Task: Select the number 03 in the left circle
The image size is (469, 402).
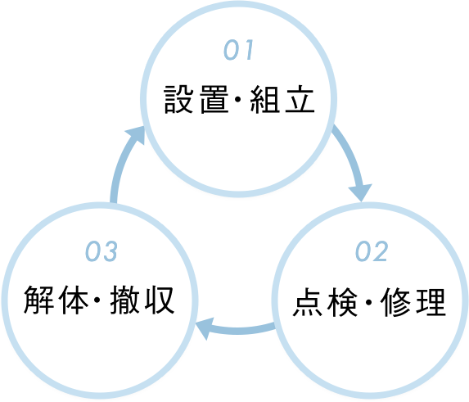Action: pyautogui.click(x=101, y=252)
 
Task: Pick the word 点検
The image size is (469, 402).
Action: pyautogui.click(x=322, y=303)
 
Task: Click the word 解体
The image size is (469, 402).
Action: pyautogui.click(x=52, y=301)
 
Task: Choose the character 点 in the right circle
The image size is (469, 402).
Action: pyautogui.click(x=305, y=303)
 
